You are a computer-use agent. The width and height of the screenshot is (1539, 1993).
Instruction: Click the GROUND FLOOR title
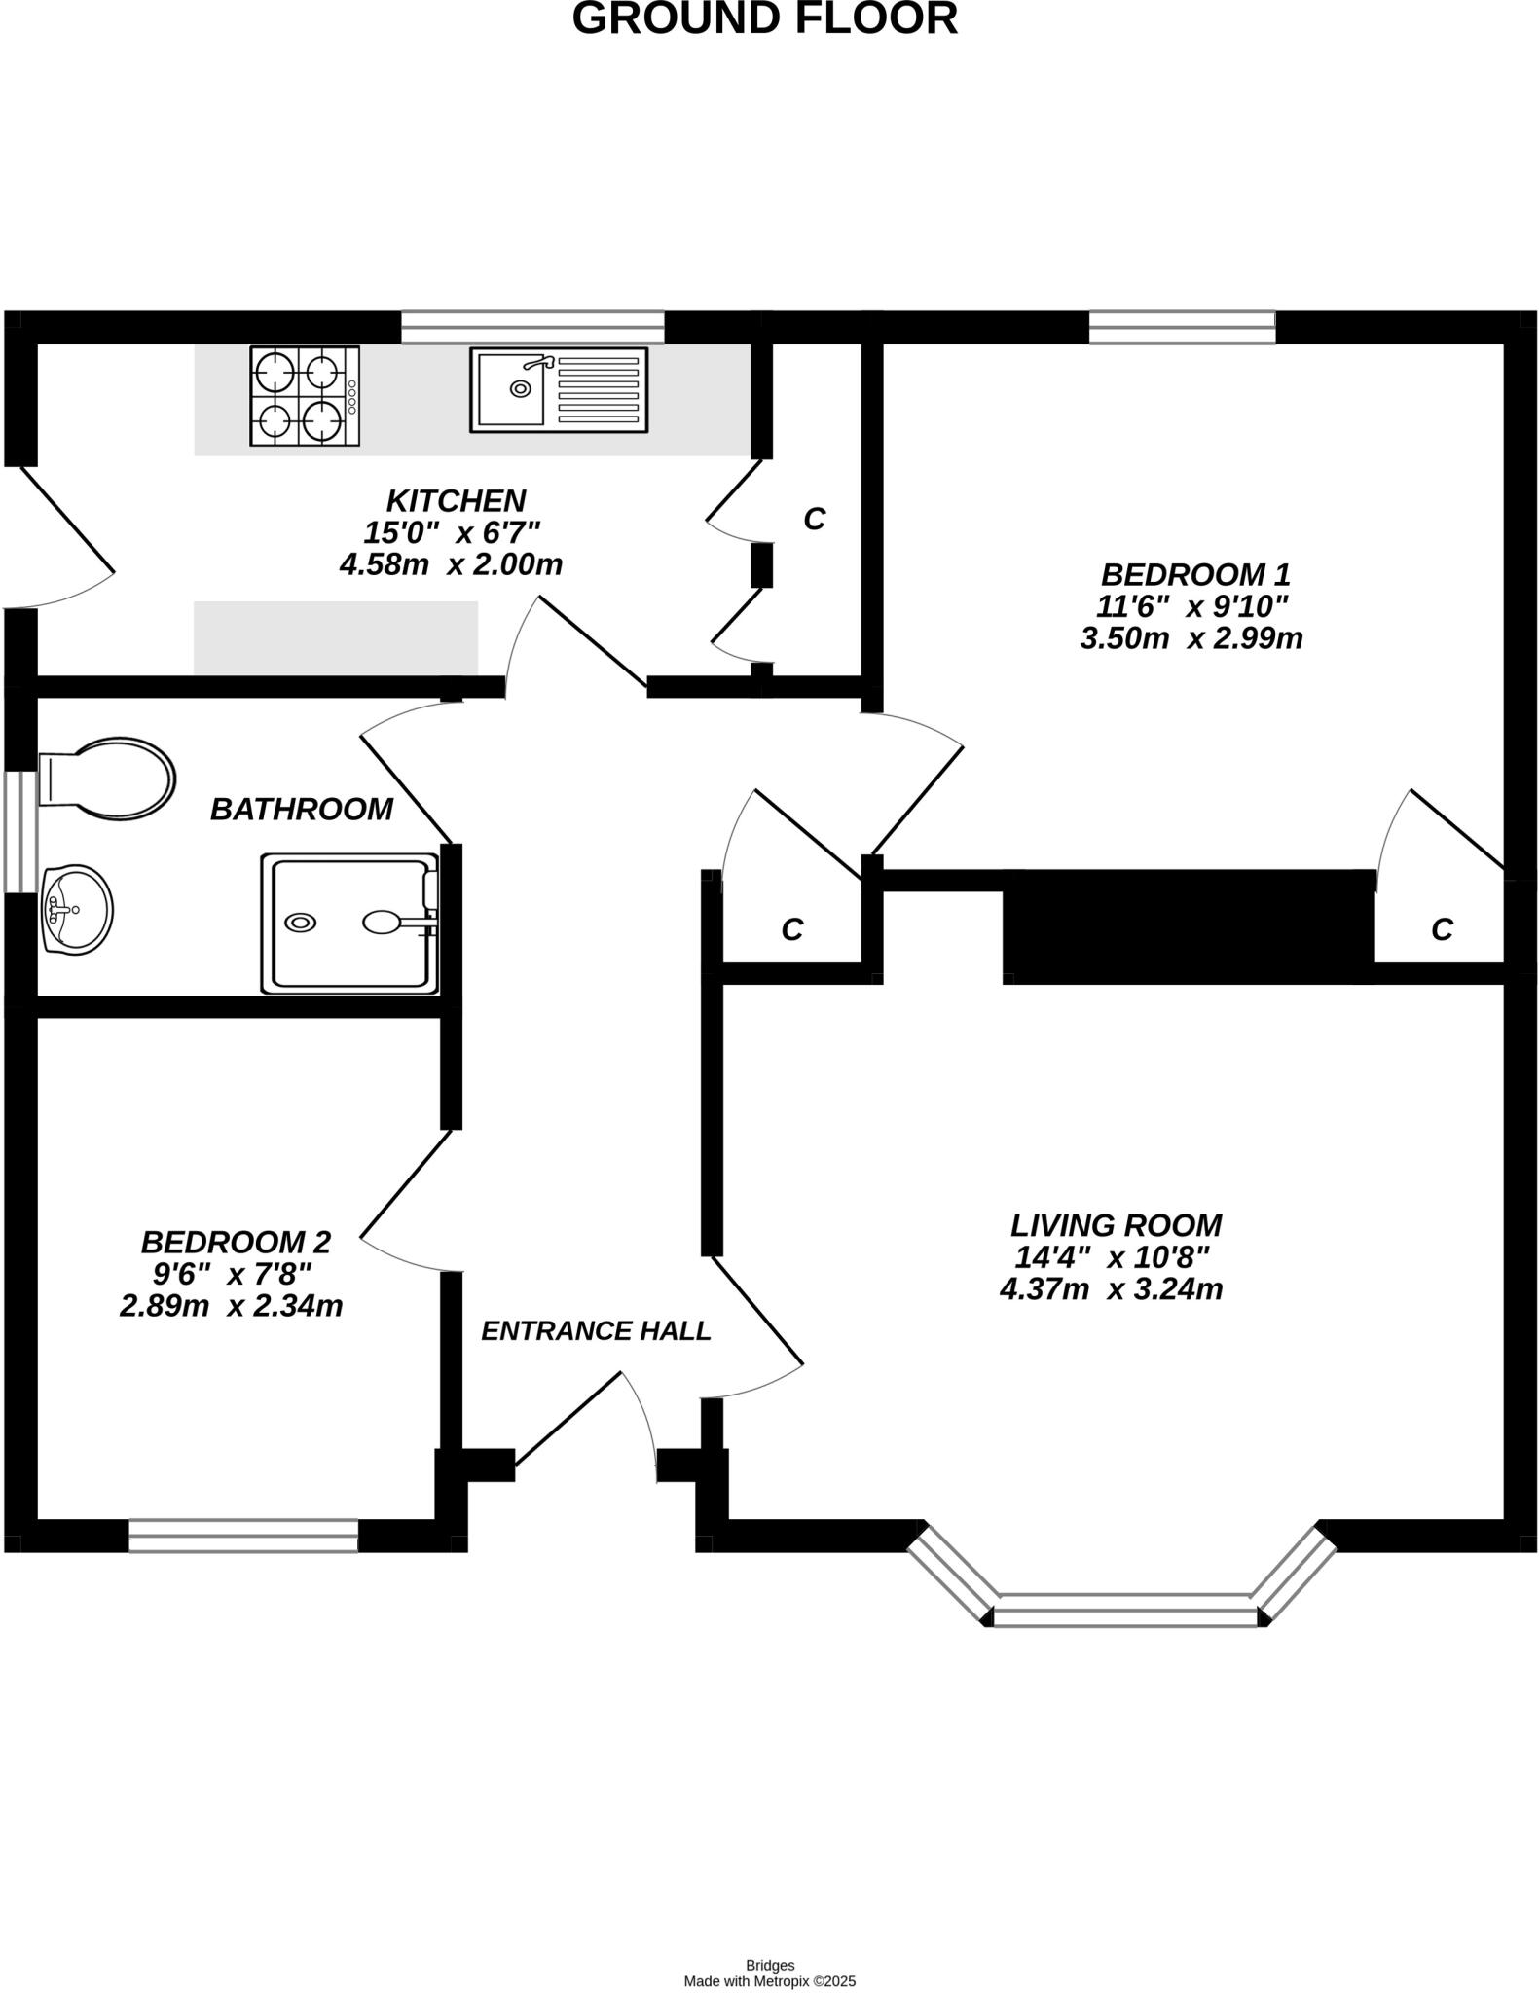(x=764, y=19)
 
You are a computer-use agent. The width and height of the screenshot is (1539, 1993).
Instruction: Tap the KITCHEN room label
(x=456, y=501)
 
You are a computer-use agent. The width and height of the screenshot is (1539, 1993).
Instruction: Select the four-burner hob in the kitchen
(x=304, y=396)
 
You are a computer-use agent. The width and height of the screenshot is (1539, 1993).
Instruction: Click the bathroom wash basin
(x=78, y=910)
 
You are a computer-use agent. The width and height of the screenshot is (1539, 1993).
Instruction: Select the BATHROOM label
(x=302, y=810)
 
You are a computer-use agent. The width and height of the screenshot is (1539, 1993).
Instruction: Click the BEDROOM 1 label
(x=1195, y=574)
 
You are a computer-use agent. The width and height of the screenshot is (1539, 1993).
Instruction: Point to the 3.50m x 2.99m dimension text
(x=1191, y=638)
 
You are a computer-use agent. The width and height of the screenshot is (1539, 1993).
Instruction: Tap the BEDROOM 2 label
(x=236, y=1242)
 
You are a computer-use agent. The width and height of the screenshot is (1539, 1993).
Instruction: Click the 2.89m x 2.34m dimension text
(x=232, y=1306)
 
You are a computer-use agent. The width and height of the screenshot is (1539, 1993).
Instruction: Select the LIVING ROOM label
(x=1116, y=1224)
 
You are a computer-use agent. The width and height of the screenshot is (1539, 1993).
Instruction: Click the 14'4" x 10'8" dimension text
(x=1112, y=1257)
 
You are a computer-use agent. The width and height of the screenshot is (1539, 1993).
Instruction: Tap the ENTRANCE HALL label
(x=596, y=1330)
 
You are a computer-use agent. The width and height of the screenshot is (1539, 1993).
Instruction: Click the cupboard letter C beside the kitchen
(x=815, y=520)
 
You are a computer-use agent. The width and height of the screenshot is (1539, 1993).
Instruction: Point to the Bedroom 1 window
(x=1182, y=327)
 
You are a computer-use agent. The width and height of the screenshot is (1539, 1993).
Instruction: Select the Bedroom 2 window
(x=243, y=1536)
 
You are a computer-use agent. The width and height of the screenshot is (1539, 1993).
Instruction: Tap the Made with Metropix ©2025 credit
(x=769, y=1980)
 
